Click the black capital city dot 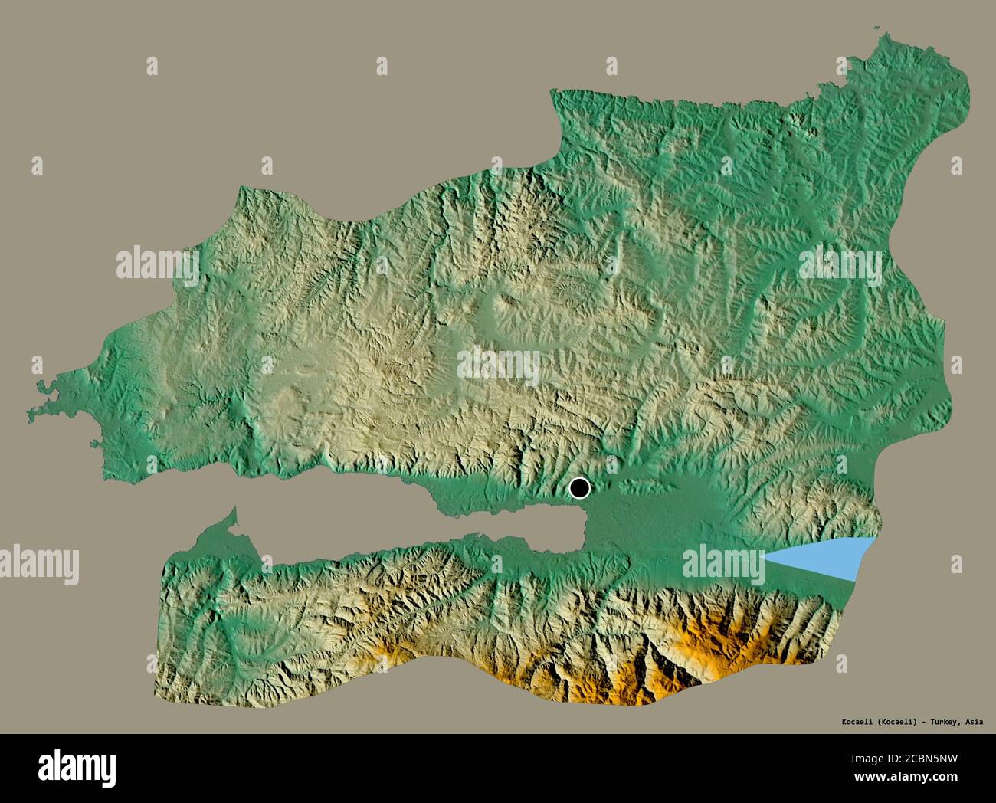point(580,487)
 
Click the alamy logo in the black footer point(77,766)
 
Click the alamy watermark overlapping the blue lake point(724,565)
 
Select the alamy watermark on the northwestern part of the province point(157,265)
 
